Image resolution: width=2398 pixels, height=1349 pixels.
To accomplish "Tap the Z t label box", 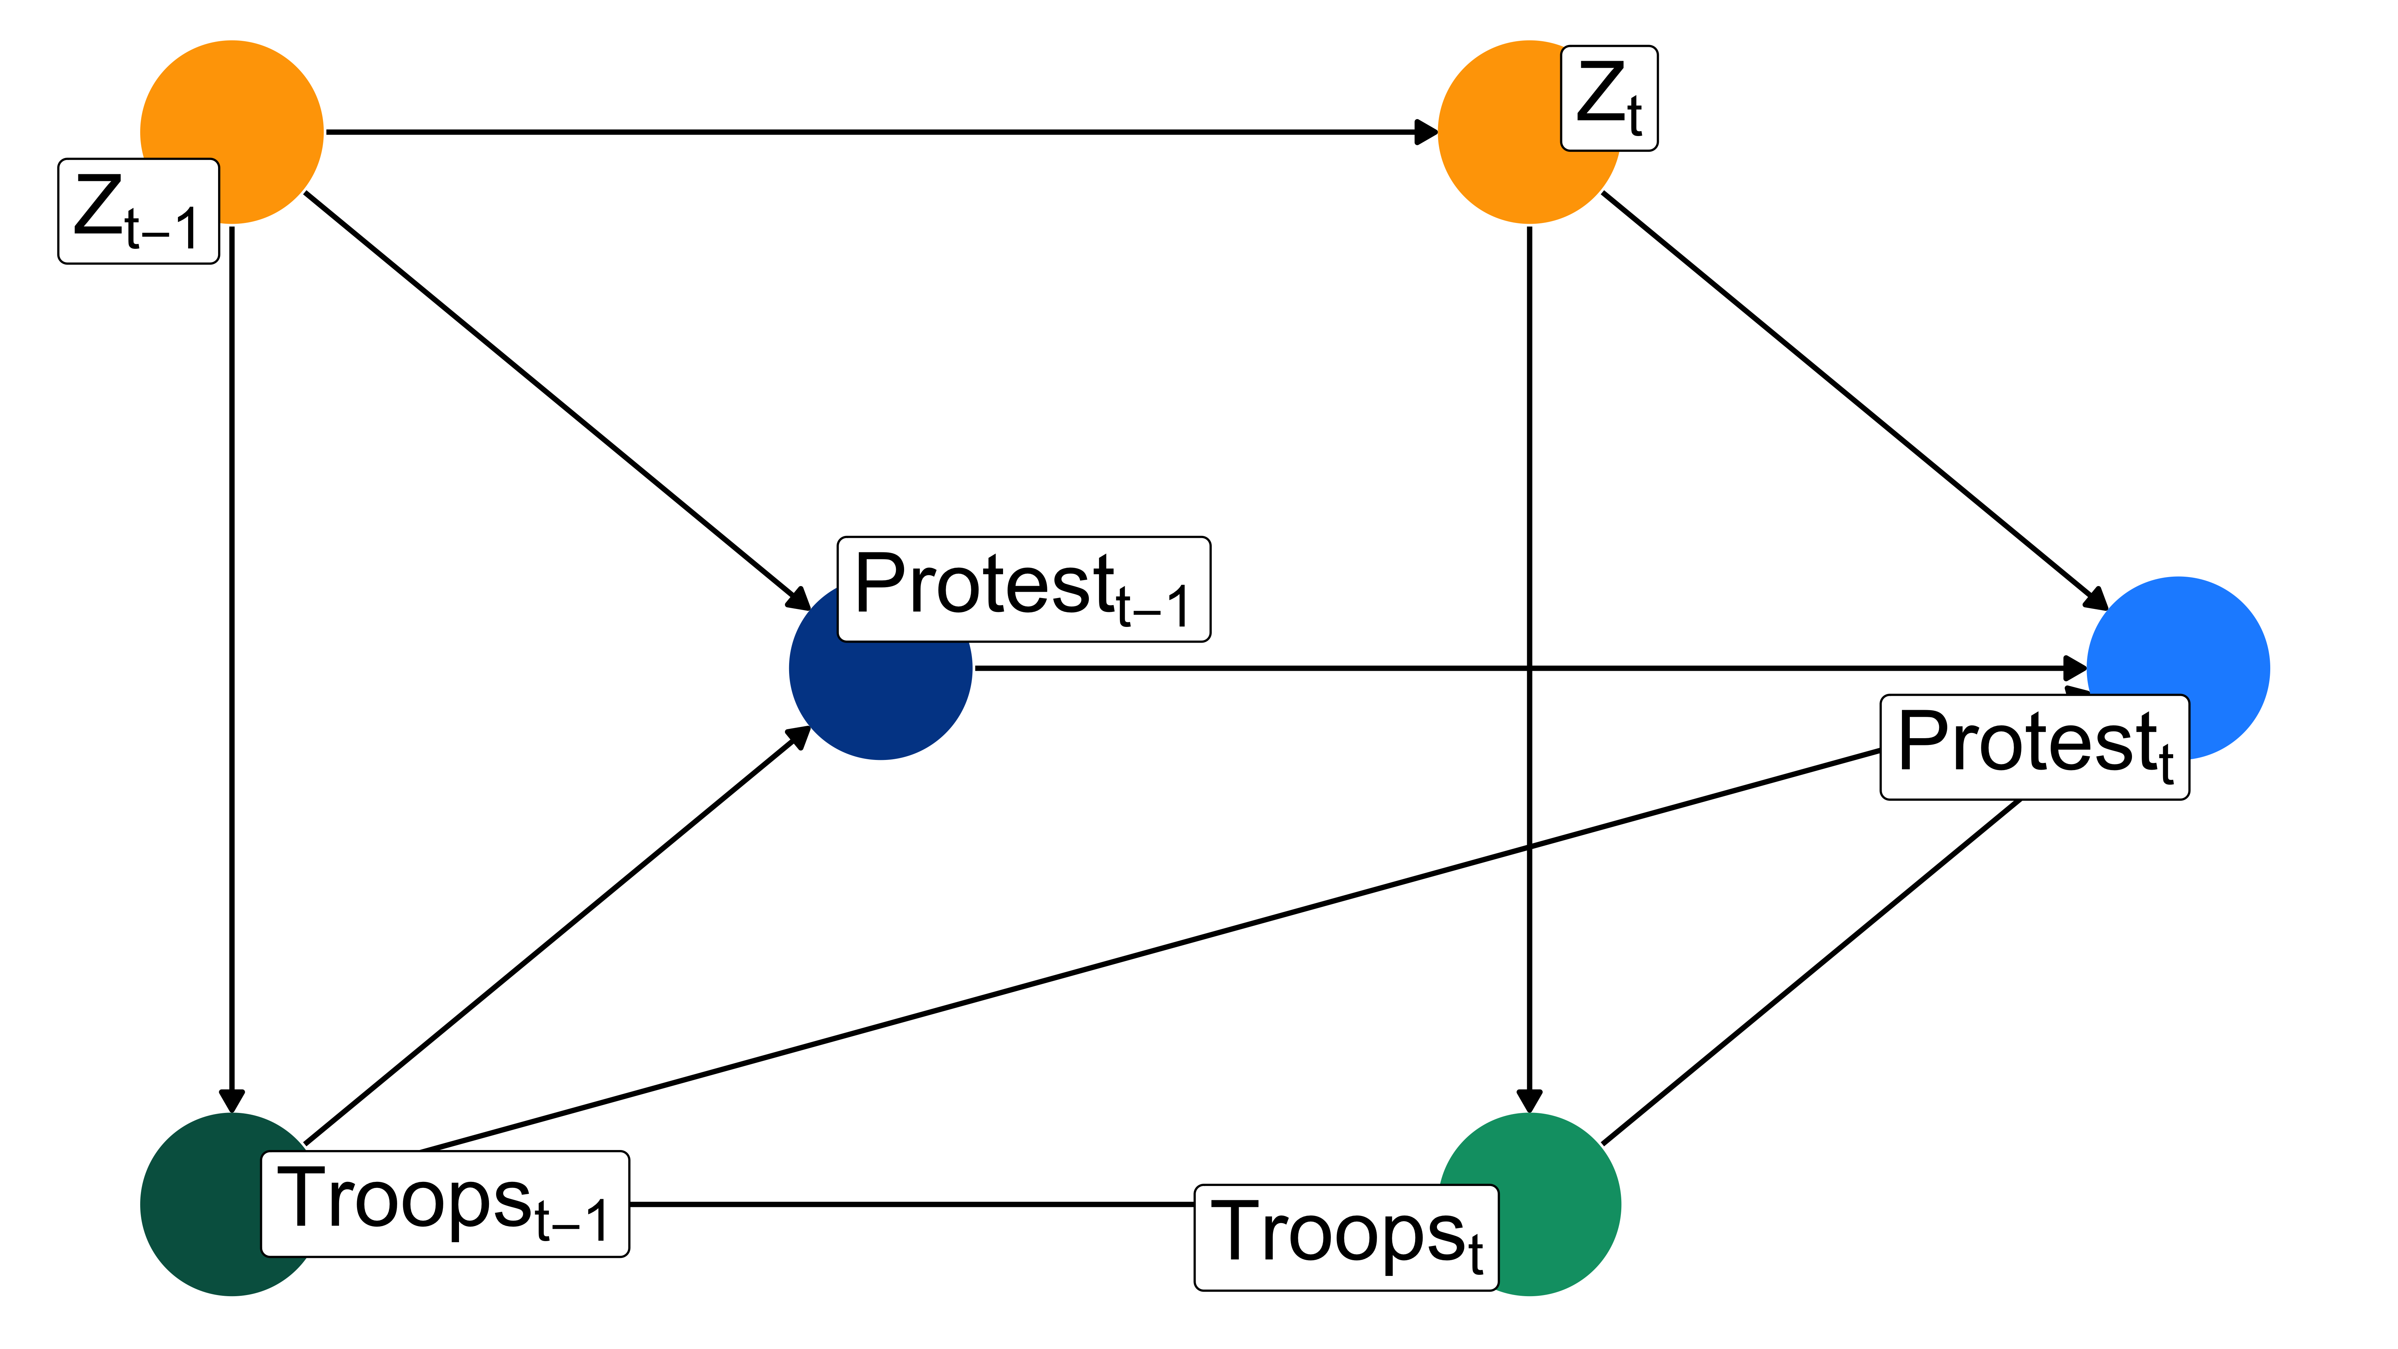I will pos(1609,98).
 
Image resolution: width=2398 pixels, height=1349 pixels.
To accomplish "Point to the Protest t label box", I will pos(2034,747).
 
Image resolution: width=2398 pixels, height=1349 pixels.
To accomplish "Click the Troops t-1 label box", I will pos(445,1204).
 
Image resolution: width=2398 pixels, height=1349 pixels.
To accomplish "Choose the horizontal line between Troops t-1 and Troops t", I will pos(912,1204).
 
